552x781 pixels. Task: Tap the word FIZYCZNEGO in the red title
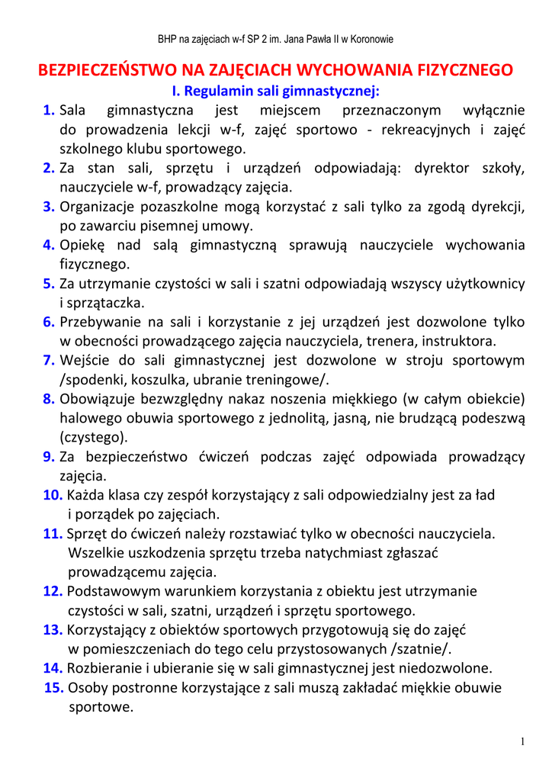[x=466, y=71]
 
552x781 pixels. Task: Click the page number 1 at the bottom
[x=523, y=741]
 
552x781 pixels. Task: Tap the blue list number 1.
[x=49, y=111]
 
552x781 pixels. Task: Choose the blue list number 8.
[x=49, y=399]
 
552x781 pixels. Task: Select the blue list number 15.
[x=54, y=687]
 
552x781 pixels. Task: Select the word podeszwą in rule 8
[x=493, y=418]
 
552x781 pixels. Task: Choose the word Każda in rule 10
[x=87, y=495]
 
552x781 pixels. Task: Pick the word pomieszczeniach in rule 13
[x=136, y=649]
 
